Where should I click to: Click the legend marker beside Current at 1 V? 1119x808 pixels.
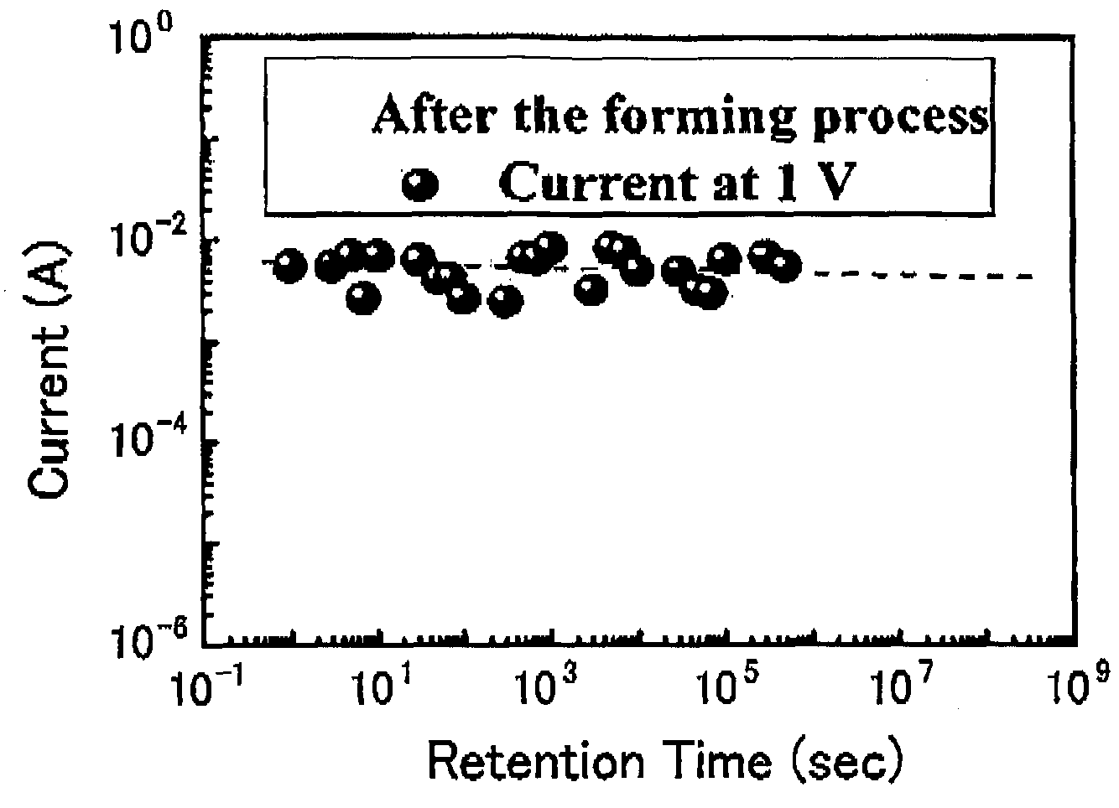click(420, 184)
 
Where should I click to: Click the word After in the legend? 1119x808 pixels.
click(435, 114)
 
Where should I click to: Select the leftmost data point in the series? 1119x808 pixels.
click(289, 266)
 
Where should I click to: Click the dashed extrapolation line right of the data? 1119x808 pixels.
click(924, 275)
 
